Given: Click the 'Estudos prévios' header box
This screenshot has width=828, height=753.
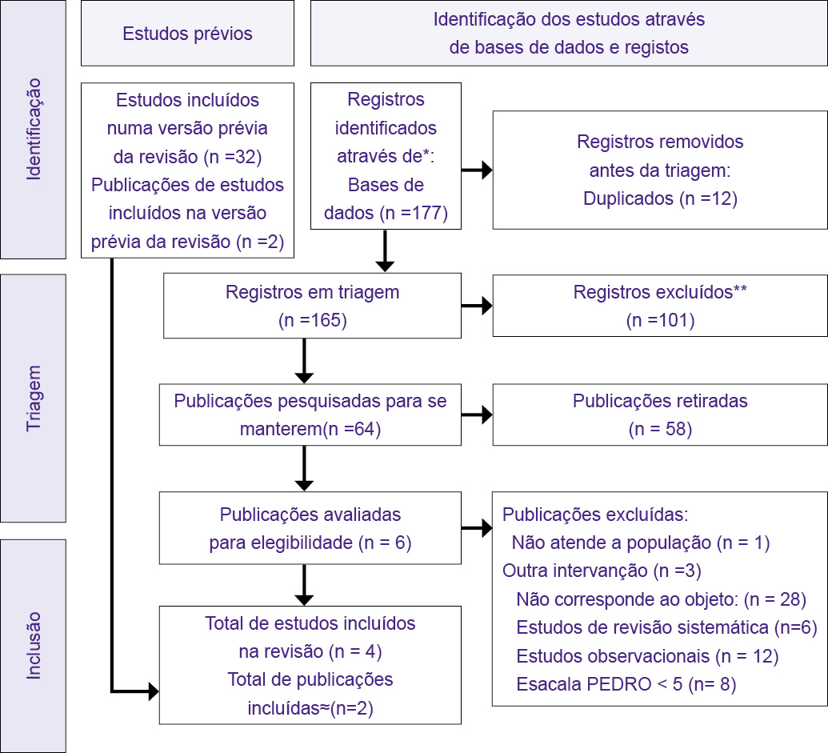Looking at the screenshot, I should coord(187,34).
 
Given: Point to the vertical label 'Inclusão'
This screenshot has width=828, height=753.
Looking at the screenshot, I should coord(33,645).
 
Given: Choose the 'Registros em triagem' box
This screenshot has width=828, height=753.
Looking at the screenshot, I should coord(312,306).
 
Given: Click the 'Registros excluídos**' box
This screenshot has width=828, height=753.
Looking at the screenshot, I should coord(660,306).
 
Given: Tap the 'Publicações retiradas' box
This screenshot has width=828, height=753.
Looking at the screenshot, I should coord(660,414).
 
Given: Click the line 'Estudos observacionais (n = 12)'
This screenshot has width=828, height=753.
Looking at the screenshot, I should coord(647,656).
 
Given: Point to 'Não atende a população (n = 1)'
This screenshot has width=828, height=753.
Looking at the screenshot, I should coord(640,543).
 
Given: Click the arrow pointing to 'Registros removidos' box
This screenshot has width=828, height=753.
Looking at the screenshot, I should coord(477,170).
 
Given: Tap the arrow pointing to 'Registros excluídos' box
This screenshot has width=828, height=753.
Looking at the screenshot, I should coord(477,306).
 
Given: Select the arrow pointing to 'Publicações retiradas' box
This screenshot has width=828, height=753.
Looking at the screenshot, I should coord(477,415).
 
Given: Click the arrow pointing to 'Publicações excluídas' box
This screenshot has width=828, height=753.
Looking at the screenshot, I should coord(477,528).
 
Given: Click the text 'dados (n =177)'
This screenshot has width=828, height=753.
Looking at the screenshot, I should coord(386,213).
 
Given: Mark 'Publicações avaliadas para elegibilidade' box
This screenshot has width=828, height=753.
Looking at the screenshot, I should coord(310,528).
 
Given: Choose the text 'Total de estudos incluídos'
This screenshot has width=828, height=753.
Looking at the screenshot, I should coord(310,623).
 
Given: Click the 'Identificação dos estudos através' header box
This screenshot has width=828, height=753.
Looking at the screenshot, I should coord(569,34).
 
